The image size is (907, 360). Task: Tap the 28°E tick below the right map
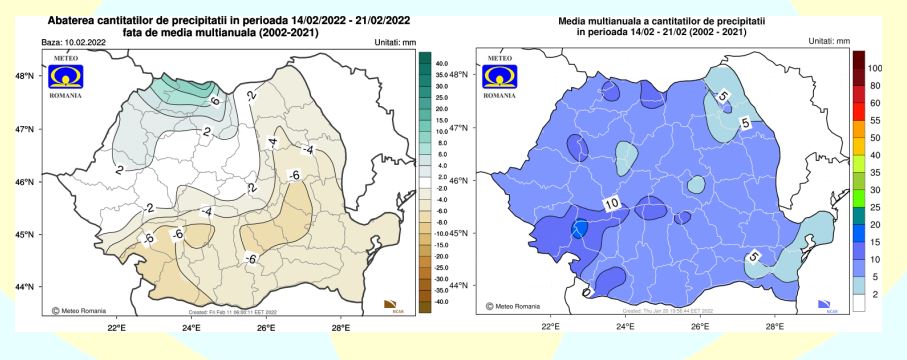tap(775, 325)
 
